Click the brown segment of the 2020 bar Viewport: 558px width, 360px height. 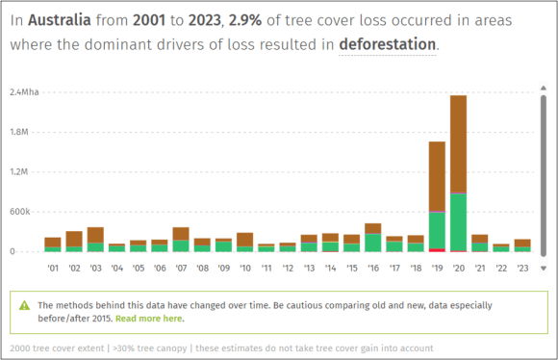[458, 144]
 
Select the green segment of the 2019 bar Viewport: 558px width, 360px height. [437, 231]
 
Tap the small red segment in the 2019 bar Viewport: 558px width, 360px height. [437, 250]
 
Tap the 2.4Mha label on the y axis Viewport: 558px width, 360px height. [24, 92]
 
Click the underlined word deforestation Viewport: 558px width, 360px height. [388, 44]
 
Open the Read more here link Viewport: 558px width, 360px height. [149, 318]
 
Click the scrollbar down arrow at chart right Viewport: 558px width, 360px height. [544, 269]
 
